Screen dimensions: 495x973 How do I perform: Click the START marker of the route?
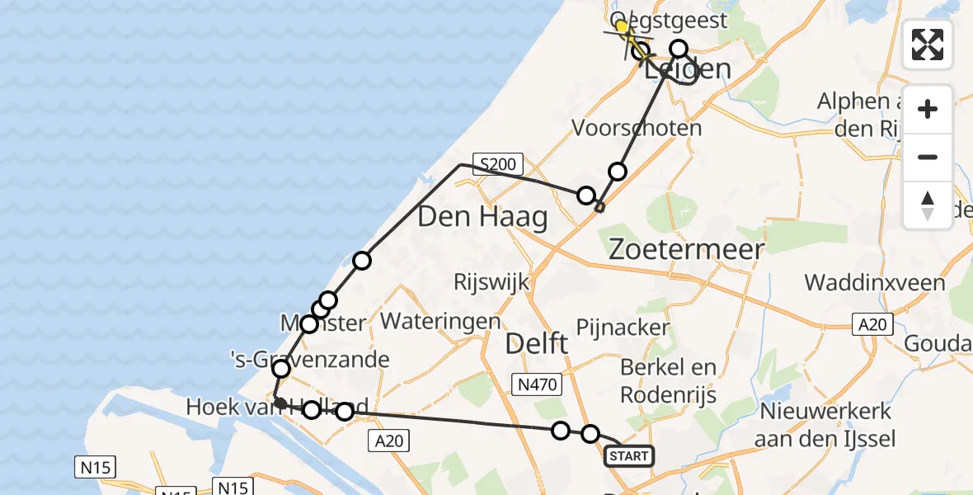pyautogui.click(x=629, y=455)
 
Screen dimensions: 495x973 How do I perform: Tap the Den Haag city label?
pyautogui.click(x=482, y=218)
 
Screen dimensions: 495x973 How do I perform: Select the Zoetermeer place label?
pyautogui.click(x=686, y=249)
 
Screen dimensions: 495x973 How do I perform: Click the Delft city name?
pyautogui.click(x=536, y=343)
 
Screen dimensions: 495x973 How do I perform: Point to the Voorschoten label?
pyautogui.click(x=637, y=129)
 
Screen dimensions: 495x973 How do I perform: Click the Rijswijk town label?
pyautogui.click(x=491, y=282)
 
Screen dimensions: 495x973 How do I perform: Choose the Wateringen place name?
pyautogui.click(x=441, y=321)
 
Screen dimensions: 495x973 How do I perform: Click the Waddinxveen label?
pyautogui.click(x=875, y=283)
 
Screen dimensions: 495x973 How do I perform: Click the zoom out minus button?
pyautogui.click(x=928, y=158)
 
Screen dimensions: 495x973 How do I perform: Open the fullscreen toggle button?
pyautogui.click(x=928, y=44)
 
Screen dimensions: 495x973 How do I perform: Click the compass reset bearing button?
pyautogui.click(x=928, y=205)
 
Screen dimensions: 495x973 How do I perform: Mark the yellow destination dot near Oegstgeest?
pyautogui.click(x=622, y=26)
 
